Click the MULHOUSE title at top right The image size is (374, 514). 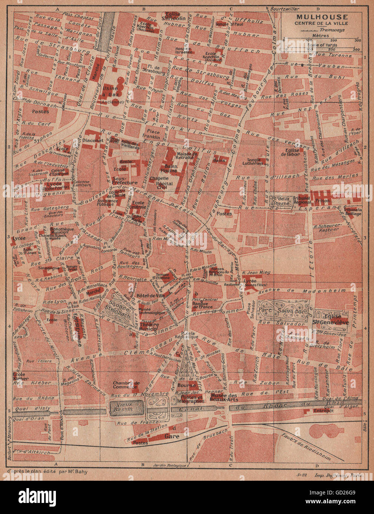(321, 17)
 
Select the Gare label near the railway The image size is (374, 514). (172, 436)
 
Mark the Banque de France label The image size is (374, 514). (203, 304)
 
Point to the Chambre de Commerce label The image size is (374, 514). (126, 385)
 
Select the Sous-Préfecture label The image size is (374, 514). (124, 180)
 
